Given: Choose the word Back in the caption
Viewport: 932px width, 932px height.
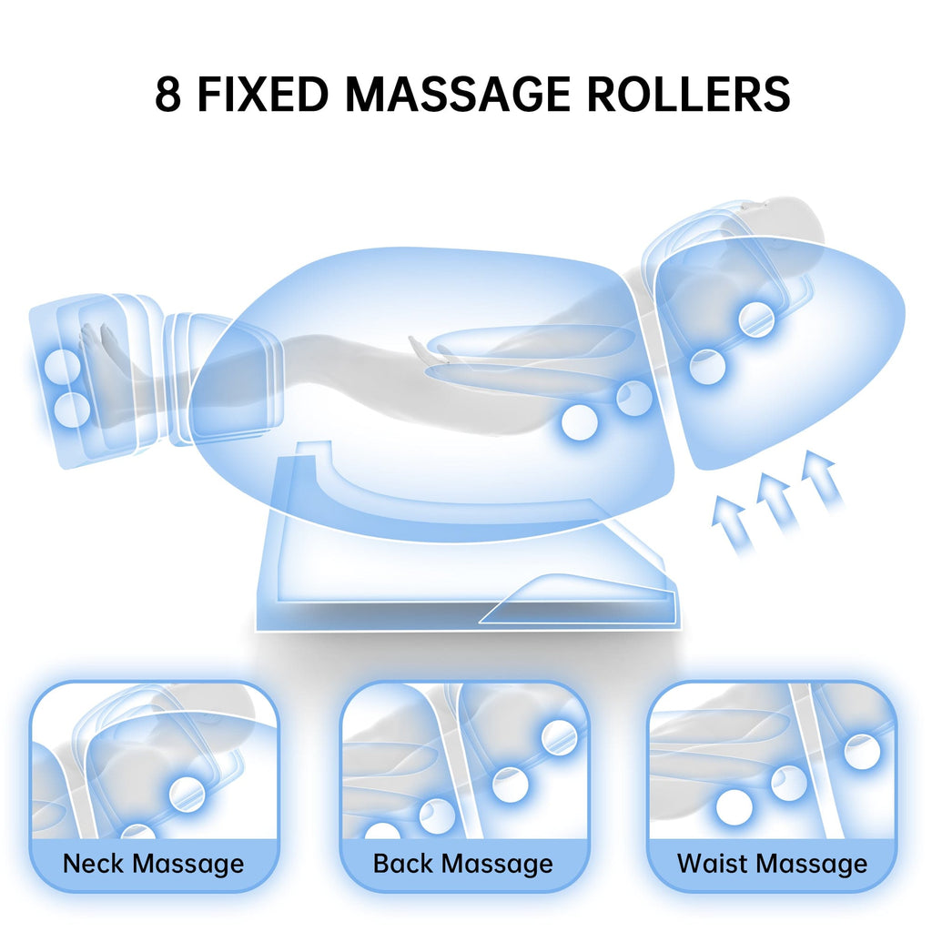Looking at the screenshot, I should (404, 863).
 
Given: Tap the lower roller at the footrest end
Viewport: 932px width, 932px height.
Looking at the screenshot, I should (71, 410).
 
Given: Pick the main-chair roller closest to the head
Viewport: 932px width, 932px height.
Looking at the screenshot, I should (756, 319).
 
